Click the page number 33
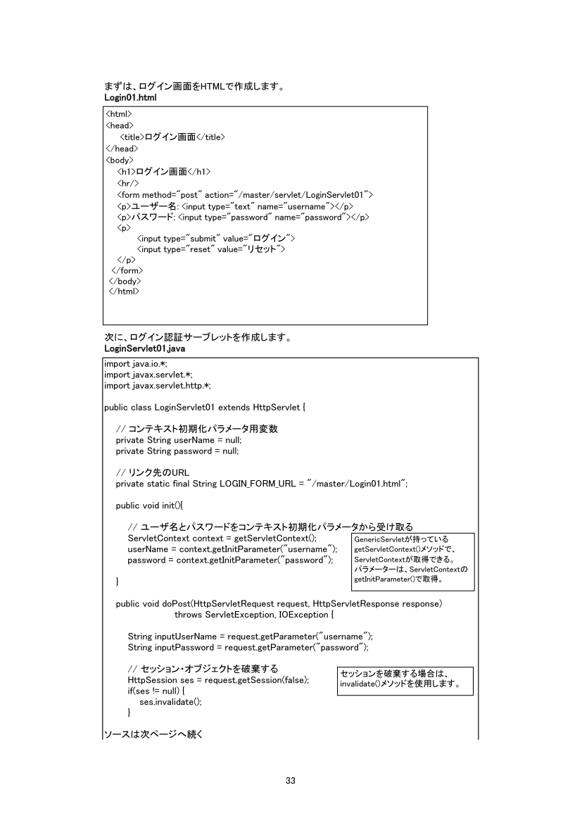click(x=291, y=780)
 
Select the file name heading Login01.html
click(x=130, y=97)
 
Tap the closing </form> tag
click(x=127, y=271)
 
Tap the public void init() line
click(x=149, y=506)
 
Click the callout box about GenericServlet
click(x=412, y=561)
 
